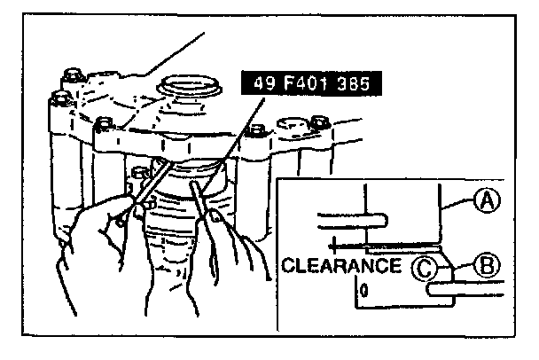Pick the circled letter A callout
click(x=484, y=204)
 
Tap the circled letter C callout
click(x=428, y=265)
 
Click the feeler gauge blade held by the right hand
click(x=203, y=208)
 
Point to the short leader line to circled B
click(x=464, y=263)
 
